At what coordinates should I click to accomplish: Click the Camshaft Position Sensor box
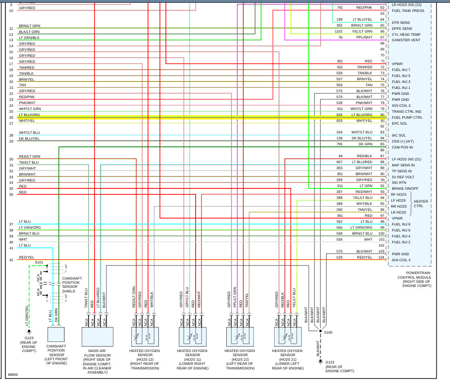[x=56, y=336]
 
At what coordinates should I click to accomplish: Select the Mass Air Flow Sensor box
[x=97, y=336]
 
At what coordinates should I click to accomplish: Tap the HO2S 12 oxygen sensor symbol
[x=145, y=336]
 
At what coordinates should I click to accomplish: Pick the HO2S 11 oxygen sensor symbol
[x=192, y=336]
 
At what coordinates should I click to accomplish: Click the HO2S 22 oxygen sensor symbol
[x=240, y=336]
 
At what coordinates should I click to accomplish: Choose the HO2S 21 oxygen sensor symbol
[x=288, y=336]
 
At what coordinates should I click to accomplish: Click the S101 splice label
[x=39, y=263]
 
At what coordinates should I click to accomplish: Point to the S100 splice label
[x=328, y=332]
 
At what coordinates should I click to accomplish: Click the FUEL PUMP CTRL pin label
[x=407, y=117]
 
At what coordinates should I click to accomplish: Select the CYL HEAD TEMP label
[x=406, y=34]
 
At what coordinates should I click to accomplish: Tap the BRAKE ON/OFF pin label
[x=405, y=188]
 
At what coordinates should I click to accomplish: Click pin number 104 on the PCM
[x=381, y=258]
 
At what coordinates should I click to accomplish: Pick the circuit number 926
[x=339, y=115]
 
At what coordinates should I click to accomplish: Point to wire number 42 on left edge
[x=11, y=260]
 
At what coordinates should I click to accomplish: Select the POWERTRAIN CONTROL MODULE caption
[x=415, y=281]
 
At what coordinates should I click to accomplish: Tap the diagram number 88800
[x=13, y=375]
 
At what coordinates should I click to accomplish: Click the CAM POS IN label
[x=402, y=147]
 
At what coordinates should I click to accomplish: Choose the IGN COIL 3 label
[x=401, y=105]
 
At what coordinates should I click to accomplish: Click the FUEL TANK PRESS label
[x=408, y=11]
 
